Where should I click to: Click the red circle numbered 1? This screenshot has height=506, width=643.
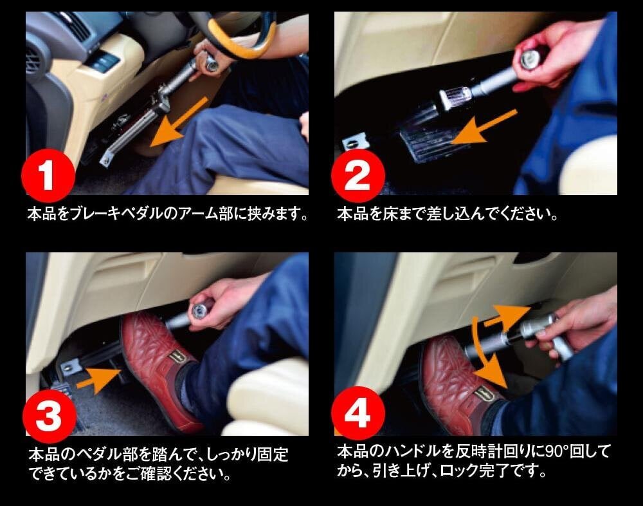pos(48,176)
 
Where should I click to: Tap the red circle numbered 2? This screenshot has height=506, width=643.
pos(358,176)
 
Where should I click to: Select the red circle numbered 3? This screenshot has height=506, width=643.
pos(50,417)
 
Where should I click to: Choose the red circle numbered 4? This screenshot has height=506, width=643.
pos(358,413)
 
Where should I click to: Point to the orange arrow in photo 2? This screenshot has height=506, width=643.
pos(484,127)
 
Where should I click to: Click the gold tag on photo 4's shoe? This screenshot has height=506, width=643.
pos(484,394)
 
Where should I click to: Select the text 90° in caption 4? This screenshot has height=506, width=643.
pos(556,451)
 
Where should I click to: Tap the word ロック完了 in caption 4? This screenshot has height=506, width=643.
pos(469,471)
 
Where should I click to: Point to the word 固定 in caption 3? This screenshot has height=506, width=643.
pos(273,454)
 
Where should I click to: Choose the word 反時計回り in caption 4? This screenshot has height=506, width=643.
pos(493,451)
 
